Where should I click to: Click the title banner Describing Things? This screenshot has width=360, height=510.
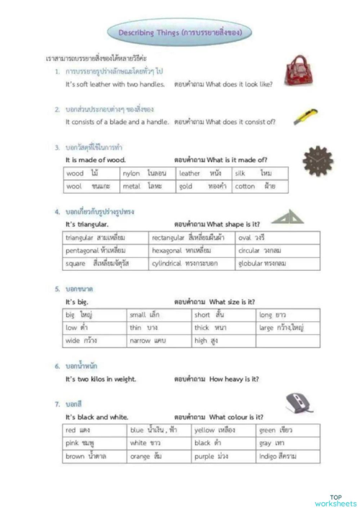pos(180,32)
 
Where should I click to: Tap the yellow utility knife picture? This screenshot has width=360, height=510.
pos(305,117)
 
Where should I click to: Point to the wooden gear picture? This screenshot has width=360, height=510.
pos(317,160)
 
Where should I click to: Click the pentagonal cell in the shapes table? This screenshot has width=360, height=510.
pos(106,250)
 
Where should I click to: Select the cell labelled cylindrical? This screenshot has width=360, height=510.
pos(192,264)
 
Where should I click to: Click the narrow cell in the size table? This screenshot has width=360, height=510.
pos(158,341)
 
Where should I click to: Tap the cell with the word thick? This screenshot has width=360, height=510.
pos(223,328)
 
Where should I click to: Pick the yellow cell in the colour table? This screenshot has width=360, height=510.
pos(223,430)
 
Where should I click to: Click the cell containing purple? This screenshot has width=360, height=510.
pos(223,457)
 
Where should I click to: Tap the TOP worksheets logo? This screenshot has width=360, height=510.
pos(336,499)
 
